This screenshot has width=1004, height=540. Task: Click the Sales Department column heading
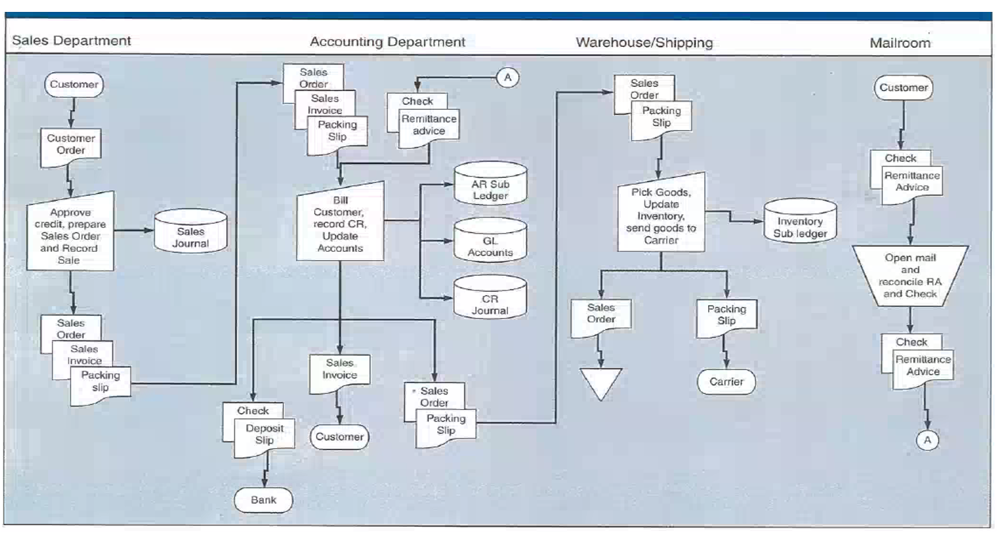tap(71, 41)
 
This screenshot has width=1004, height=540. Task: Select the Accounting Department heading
tap(387, 42)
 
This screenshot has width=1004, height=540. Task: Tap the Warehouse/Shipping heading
tap(644, 43)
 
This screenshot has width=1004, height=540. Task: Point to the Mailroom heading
tap(900, 43)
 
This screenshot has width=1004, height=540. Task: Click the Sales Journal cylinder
tap(190, 230)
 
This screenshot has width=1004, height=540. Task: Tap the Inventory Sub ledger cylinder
tap(799, 222)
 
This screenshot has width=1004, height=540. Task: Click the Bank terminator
tap(263, 499)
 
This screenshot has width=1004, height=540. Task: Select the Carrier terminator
tap(726, 382)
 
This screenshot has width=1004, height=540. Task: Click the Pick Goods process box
tap(660, 215)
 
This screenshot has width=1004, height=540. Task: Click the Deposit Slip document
tap(259, 434)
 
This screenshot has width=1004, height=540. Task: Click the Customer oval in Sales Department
tap(73, 85)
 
